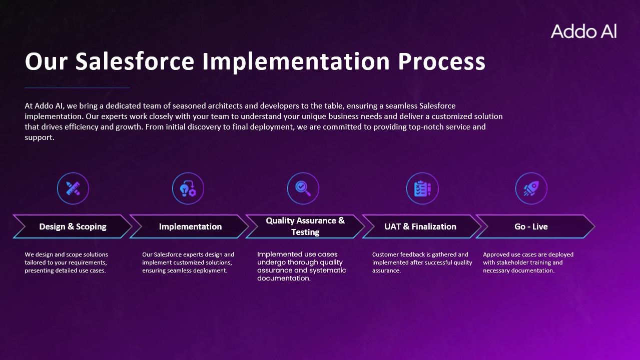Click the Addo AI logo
point(583,31)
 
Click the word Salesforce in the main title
point(135,61)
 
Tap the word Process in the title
point(441,61)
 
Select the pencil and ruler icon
point(73,188)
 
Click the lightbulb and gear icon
point(188,188)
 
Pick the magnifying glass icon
point(303,188)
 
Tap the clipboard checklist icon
point(422,188)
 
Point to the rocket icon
point(531,188)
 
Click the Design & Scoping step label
point(73,226)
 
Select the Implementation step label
point(190,226)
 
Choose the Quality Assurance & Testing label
point(305,226)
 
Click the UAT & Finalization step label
point(420,226)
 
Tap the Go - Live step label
point(531,226)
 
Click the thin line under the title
point(77,87)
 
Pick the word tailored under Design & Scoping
point(35,262)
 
